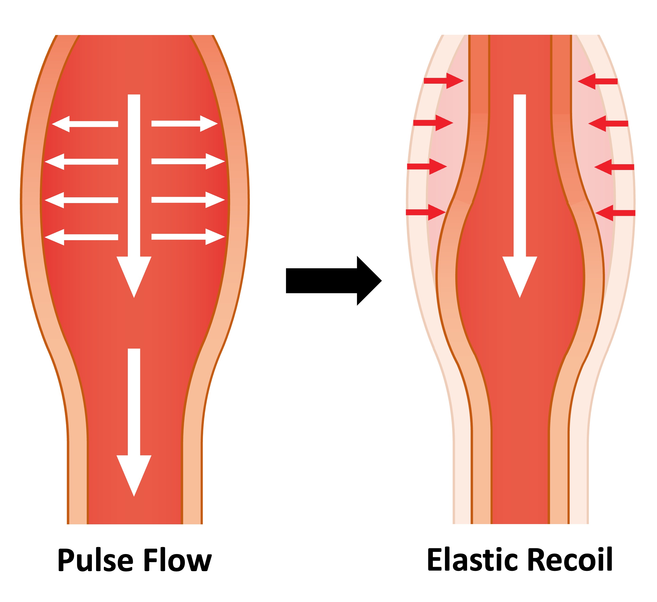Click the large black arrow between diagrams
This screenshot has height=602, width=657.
click(332, 281)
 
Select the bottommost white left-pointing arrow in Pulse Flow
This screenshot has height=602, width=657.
click(82, 237)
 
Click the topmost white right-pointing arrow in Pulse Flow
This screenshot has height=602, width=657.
click(184, 123)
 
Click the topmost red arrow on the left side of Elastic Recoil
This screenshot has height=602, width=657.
click(443, 81)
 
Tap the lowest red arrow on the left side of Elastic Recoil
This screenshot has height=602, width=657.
click(426, 212)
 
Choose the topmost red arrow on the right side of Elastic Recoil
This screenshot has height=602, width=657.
click(598, 82)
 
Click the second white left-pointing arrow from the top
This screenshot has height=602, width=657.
click(82, 162)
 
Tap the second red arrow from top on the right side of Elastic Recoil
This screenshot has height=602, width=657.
click(608, 123)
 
